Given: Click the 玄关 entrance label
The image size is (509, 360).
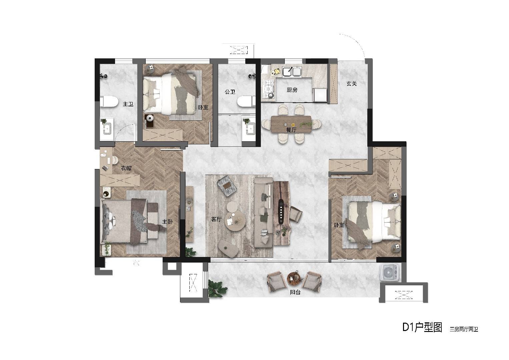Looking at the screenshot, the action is tap(352, 84).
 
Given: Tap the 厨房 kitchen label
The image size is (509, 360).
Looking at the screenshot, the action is tap(292, 90).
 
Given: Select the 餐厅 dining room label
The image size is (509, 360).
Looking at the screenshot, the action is tap(291, 130).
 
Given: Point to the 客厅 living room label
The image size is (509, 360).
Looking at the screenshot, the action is tap(216, 219).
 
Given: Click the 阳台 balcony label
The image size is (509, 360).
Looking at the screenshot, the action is tap(295, 292).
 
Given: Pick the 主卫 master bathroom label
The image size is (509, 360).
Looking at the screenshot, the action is tap(128, 104).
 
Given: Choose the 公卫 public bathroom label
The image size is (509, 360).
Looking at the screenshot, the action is tap(230, 92).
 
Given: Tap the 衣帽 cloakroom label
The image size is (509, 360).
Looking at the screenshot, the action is tap(126, 168).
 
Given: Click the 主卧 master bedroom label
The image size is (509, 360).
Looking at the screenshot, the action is tap(167, 221).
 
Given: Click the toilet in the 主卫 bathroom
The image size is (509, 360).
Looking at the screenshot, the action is tap(109, 102).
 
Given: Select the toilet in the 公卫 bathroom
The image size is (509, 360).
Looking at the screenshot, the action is tap(246, 101).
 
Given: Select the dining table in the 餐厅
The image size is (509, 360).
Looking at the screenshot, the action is tap(291, 125).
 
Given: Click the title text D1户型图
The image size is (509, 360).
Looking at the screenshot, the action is tap(422, 327).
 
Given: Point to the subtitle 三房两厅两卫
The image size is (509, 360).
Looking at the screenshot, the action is tap(464, 329).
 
